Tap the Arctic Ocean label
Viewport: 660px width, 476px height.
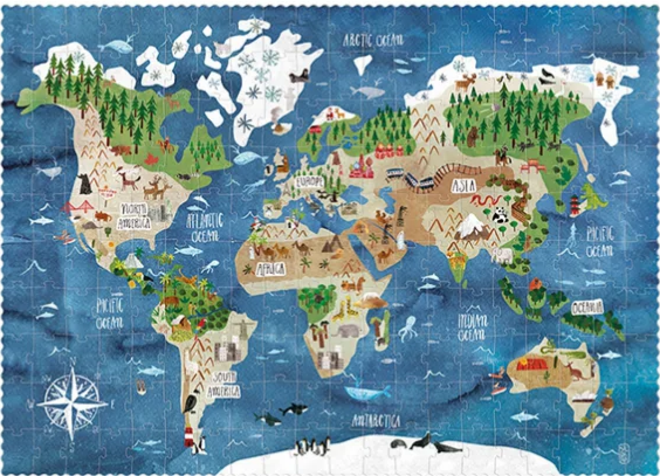pyautogui.click(x=373, y=40)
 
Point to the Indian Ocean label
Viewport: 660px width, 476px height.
pyautogui.click(x=472, y=325)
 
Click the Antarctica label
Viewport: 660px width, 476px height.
pyautogui.click(x=376, y=422)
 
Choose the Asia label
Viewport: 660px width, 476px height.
pyautogui.click(x=463, y=186)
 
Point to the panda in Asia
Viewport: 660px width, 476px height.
pyautogui.click(x=500, y=215)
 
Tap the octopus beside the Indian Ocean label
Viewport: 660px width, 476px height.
pyautogui.click(x=408, y=328)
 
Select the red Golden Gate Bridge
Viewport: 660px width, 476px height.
pyautogui.click(x=77, y=207)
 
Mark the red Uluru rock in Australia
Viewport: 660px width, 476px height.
pyautogui.click(x=531, y=364)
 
